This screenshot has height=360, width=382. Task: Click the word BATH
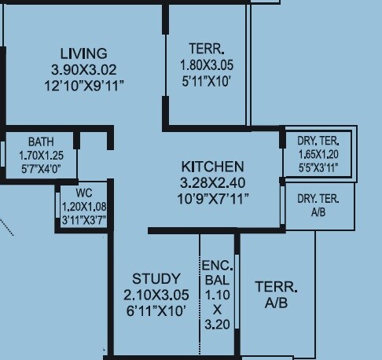coord(41,142)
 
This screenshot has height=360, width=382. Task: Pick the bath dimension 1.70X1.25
coord(41,155)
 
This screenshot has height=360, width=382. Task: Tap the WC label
coord(84,193)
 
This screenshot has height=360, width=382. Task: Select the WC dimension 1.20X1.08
coord(84,207)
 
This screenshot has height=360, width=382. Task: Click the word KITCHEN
coord(212,167)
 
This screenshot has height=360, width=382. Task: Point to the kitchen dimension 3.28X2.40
coord(212,182)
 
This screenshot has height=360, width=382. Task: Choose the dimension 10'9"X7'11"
coord(212,198)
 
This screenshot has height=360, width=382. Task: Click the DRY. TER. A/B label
coord(318,204)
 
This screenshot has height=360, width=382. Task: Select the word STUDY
coord(156,279)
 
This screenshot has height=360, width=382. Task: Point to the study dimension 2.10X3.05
coord(156,295)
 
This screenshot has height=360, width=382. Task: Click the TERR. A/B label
coord(276,295)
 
